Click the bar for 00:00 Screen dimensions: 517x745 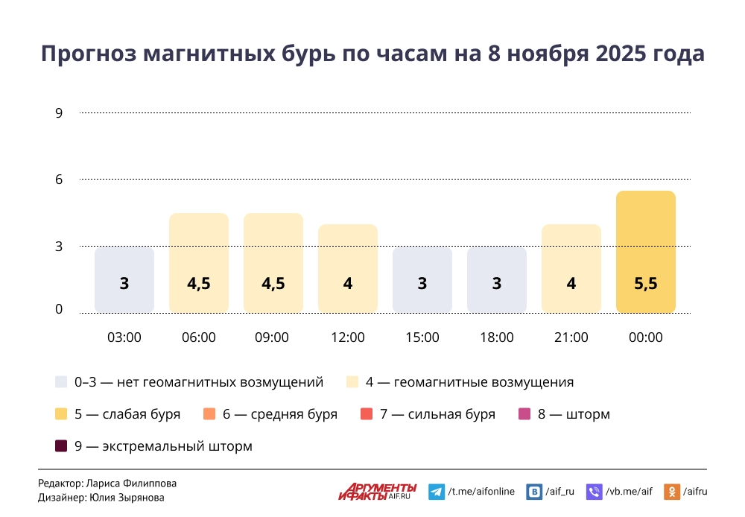(645, 252)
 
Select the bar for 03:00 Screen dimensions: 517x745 (124, 280)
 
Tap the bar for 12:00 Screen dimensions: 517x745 (348, 268)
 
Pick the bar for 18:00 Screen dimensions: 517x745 (497, 280)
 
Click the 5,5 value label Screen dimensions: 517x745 (645, 284)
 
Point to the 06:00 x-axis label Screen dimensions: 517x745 (199, 337)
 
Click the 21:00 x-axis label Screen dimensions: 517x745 (571, 337)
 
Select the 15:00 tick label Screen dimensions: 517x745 (422, 337)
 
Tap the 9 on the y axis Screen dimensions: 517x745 (59, 113)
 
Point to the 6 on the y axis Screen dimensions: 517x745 (59, 180)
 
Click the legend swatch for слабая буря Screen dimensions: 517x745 (62, 414)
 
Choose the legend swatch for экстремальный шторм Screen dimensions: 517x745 (62, 446)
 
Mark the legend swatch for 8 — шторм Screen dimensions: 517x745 (524, 414)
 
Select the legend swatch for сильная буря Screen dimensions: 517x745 (367, 414)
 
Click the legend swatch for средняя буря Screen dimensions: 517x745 (209, 414)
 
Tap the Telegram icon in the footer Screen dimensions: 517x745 (437, 492)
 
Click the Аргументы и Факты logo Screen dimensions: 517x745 (378, 491)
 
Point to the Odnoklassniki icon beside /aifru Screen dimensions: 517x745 (672, 492)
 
